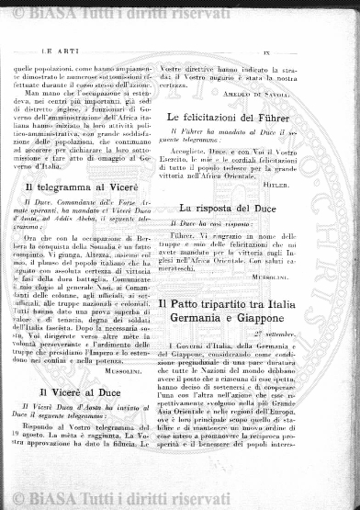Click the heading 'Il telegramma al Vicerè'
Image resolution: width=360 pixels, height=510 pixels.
(x=82, y=187)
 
